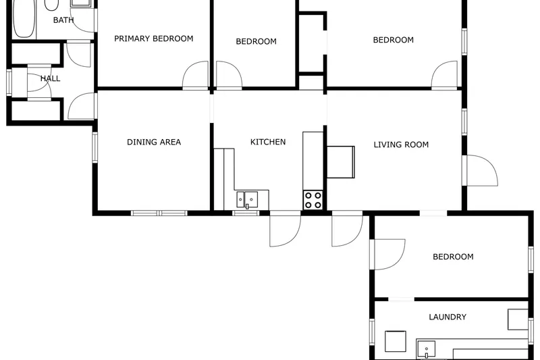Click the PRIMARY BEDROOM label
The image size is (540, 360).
pos(154,38)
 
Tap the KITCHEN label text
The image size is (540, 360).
pos(268,142)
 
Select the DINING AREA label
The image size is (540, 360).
pos(154,142)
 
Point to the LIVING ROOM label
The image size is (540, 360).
pos(401,145)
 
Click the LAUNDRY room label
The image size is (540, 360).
pos(448,317)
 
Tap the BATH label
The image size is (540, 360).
pos(63,20)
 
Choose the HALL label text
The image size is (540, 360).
pos(50,78)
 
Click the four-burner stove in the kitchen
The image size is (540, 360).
pos(313,200)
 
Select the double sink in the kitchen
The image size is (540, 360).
pos(247,200)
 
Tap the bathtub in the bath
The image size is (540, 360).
pos(24,19)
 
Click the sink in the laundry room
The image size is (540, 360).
pos(426,349)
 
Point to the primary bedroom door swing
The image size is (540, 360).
pos(195,76)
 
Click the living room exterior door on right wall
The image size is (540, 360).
pos(480,170)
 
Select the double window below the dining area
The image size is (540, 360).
pos(159,213)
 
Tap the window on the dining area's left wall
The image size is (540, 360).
pos(94,147)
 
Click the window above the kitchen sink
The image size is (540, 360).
pos(246,213)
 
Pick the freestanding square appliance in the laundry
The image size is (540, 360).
pos(396,341)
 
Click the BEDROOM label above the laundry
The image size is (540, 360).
pos(453,257)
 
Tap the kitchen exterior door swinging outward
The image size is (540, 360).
pos(285,229)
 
